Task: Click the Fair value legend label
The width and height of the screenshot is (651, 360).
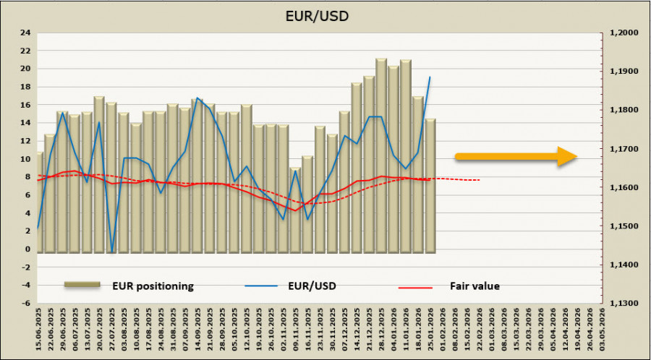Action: (x=475, y=286)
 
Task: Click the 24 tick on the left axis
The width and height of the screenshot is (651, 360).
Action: (x=25, y=33)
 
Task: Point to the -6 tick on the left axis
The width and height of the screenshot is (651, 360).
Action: (x=25, y=304)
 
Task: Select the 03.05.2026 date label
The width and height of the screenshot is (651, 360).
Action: (x=602, y=331)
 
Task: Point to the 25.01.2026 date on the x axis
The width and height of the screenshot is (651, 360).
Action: (x=430, y=331)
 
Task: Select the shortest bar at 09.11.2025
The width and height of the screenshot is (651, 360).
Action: (x=295, y=210)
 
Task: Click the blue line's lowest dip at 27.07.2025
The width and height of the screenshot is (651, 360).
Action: (x=112, y=252)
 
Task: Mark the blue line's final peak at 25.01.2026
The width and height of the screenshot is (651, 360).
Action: (x=430, y=77)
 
